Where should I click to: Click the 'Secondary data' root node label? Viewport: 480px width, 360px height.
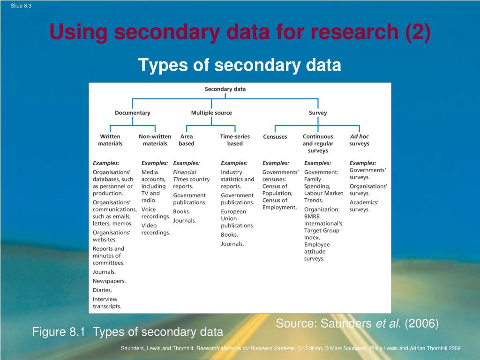[225, 89]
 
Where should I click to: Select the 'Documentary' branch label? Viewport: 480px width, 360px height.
[133, 113]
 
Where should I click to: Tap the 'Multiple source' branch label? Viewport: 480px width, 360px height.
[211, 113]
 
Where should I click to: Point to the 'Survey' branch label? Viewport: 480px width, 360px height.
[318, 113]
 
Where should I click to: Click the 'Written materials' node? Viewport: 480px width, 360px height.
[110, 140]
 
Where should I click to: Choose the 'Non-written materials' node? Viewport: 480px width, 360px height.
[155, 140]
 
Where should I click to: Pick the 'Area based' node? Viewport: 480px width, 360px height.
[187, 140]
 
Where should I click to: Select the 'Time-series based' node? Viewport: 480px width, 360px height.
[235, 140]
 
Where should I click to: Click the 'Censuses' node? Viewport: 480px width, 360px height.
[275, 137]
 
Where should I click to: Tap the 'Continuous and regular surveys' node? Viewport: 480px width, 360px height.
[318, 143]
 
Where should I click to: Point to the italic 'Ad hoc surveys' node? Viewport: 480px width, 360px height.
[360, 140]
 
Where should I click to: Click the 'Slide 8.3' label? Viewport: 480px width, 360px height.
[21, 6]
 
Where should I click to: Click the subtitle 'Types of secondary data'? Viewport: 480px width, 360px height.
[240, 65]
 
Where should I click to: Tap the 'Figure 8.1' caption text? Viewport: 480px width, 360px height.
[59, 332]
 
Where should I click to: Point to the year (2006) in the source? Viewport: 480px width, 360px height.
[422, 323]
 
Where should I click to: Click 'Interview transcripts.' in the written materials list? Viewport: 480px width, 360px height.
[107, 303]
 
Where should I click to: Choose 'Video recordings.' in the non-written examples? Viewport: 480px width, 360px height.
[156, 229]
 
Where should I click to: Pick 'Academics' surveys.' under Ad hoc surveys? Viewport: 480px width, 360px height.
[364, 206]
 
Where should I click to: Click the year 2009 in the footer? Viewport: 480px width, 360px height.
[454, 348]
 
